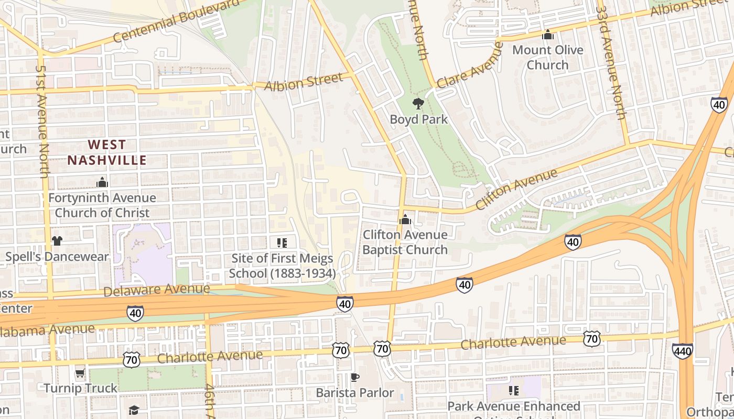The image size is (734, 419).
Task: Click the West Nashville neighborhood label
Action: coord(106,152)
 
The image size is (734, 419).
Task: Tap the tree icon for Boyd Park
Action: coord(418,103)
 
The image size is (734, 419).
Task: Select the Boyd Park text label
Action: coord(418,119)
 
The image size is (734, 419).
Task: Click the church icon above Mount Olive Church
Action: coord(548,35)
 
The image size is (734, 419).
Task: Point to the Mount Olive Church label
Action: coord(547,58)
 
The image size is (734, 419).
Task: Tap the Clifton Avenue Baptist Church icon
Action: coord(405,219)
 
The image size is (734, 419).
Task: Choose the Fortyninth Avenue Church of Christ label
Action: coord(102,205)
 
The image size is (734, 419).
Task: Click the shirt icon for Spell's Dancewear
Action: coord(57,241)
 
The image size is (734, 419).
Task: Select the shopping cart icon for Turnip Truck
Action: coord(80,373)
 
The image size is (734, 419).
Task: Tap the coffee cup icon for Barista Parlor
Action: coord(355,377)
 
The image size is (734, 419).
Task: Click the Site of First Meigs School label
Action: coord(282,266)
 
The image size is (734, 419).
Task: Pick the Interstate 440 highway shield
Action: coord(682,351)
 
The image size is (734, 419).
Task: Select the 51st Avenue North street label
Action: coord(42,120)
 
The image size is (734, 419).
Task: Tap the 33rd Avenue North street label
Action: coord(611,63)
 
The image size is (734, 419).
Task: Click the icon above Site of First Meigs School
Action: coord(282,242)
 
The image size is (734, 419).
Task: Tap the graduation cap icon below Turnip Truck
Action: coord(134,410)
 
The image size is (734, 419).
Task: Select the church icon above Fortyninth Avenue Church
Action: coord(102,182)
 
